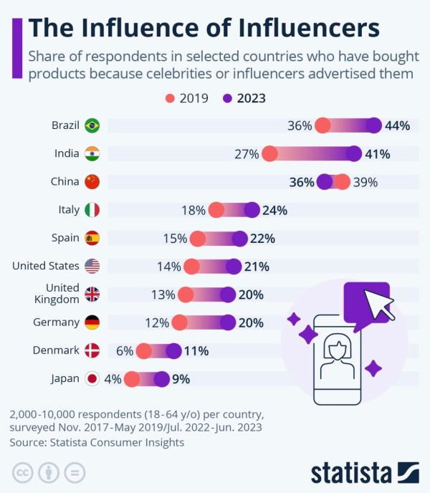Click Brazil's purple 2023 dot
tap(373, 125)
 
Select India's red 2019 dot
tap(269, 153)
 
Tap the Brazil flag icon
tap(92, 125)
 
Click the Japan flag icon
tap(92, 378)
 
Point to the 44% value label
tap(397, 125)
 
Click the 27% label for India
tap(246, 153)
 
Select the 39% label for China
tap(365, 182)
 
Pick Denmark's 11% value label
tap(196, 350)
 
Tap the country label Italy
tap(69, 210)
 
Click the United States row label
tap(46, 266)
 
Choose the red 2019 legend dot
tap(170, 98)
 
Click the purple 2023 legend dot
tap(228, 98)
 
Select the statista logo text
tap(350, 473)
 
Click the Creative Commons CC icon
tap(23, 472)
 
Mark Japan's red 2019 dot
tap(132, 378)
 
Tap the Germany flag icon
tap(92, 322)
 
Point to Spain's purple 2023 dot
tap(239, 238)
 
